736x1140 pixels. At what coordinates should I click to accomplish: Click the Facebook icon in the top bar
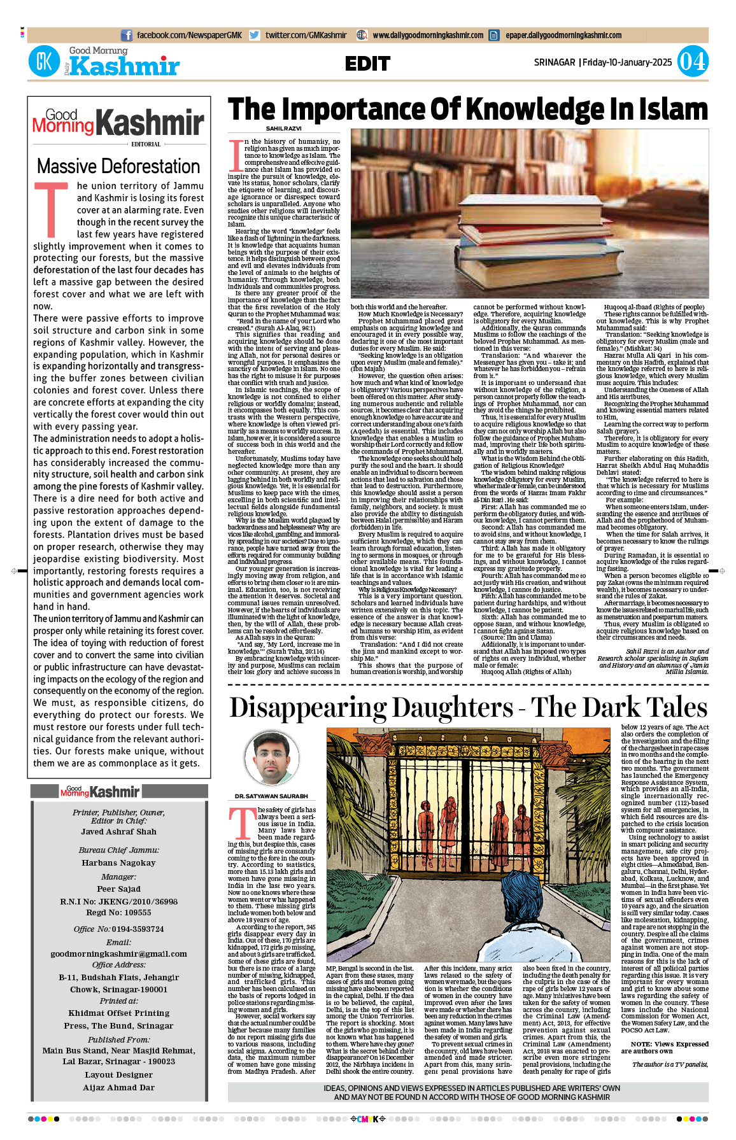pyautogui.click(x=127, y=36)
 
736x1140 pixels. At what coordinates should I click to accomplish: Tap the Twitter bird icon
pyautogui.click(x=255, y=36)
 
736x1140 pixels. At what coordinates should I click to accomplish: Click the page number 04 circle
pyautogui.click(x=692, y=62)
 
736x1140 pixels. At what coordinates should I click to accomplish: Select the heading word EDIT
pyautogui.click(x=367, y=64)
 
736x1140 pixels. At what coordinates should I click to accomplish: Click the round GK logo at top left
pyautogui.click(x=44, y=62)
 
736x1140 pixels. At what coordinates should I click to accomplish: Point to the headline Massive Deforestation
pyautogui.click(x=118, y=166)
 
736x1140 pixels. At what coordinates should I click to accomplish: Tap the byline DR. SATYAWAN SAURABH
pyautogui.click(x=271, y=796)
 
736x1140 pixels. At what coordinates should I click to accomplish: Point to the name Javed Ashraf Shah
pyautogui.click(x=118, y=832)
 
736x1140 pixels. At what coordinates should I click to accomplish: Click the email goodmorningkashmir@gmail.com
pyautogui.click(x=118, y=954)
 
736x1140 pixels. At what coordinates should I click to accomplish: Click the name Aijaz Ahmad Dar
pyautogui.click(x=118, y=1087)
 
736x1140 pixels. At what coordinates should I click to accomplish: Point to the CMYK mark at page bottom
pyautogui.click(x=368, y=1118)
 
